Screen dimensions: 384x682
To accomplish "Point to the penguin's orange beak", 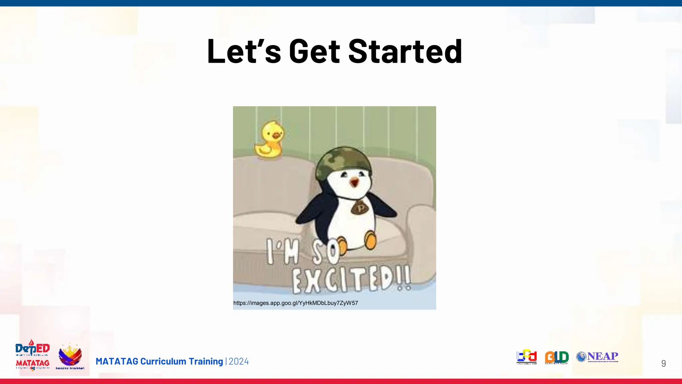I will (354, 182).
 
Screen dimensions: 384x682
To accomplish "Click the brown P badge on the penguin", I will (360, 208).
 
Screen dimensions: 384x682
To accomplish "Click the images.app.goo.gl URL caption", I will (295, 303).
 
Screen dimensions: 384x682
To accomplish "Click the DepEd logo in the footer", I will (32, 348).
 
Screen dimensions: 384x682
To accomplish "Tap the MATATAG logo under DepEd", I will (32, 363).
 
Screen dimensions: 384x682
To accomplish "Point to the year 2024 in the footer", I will (238, 361).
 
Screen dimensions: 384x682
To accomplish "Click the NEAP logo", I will (597, 357).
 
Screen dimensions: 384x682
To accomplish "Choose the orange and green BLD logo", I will (556, 357).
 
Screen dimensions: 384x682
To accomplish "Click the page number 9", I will (663, 363).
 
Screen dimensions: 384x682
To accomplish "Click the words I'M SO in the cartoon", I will (301, 252).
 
